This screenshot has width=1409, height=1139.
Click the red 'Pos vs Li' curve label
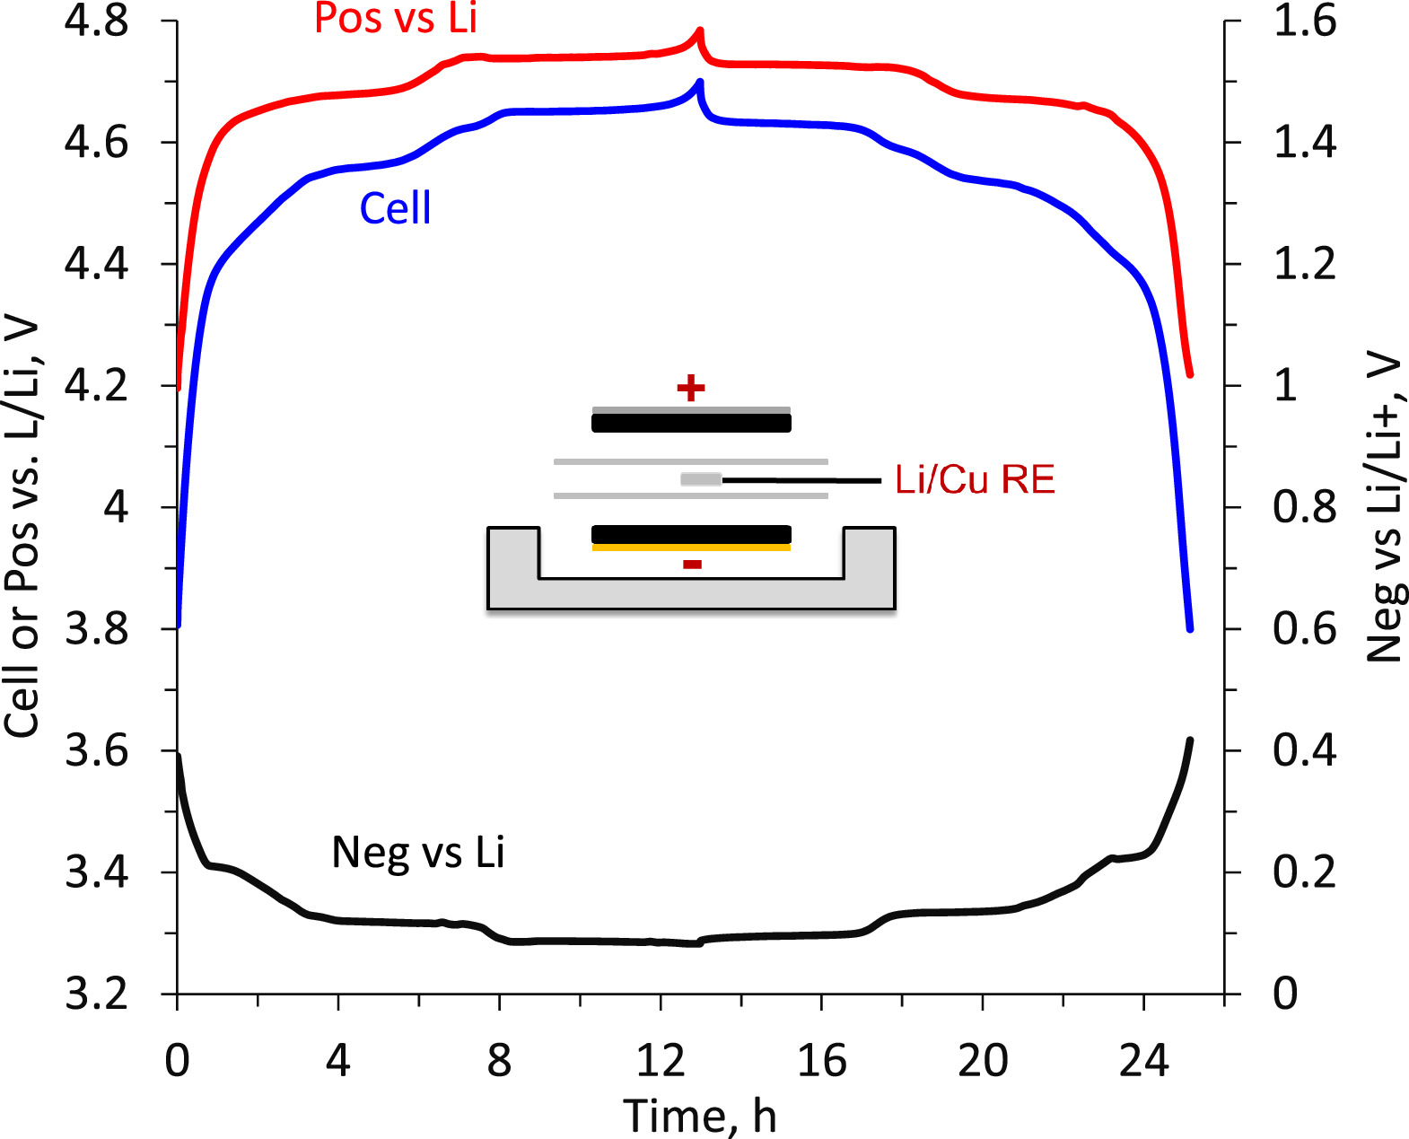pyautogui.click(x=395, y=19)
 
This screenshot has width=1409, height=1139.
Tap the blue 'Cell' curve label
pyautogui.click(x=395, y=208)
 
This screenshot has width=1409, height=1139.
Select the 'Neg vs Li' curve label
pyautogui.click(x=417, y=852)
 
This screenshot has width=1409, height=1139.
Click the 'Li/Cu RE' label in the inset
pyautogui.click(x=975, y=480)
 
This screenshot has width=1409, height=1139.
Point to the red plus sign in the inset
pyautogui.click(x=690, y=389)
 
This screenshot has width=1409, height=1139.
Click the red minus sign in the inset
pyautogui.click(x=692, y=565)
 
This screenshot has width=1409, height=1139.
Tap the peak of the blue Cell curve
pyautogui.click(x=699, y=83)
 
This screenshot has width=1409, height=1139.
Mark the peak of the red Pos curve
pyautogui.click(x=699, y=31)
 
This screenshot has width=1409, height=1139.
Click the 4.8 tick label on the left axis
pyautogui.click(x=96, y=22)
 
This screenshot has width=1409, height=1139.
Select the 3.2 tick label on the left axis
pyautogui.click(x=96, y=994)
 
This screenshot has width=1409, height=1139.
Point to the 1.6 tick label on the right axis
pyautogui.click(x=1304, y=22)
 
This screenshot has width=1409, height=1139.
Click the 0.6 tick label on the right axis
pyautogui.click(x=1304, y=629)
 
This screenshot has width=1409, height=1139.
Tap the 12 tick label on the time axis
pyautogui.click(x=661, y=1061)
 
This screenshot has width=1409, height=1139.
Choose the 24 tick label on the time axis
pyautogui.click(x=1143, y=1061)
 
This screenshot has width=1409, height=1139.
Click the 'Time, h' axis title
pyautogui.click(x=699, y=1116)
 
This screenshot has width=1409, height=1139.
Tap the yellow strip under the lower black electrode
pyautogui.click(x=691, y=547)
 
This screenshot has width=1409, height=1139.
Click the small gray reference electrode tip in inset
pyautogui.click(x=701, y=479)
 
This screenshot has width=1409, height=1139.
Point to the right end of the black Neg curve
pyautogui.click(x=1190, y=740)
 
